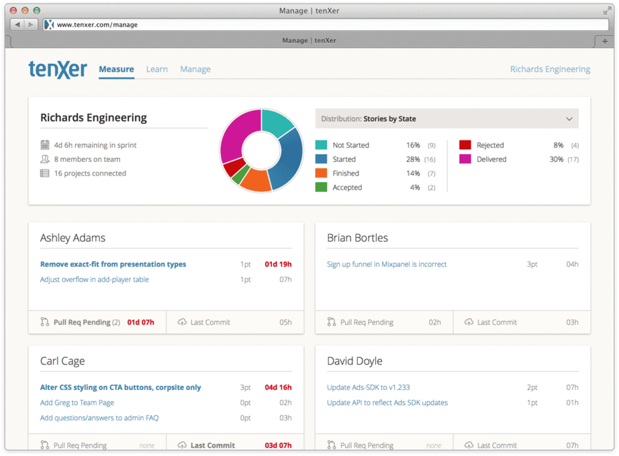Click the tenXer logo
coord(58,69)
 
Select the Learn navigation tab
coord(156,69)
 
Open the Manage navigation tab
coord(195,69)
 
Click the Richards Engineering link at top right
coord(550,69)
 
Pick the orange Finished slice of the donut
coord(256,180)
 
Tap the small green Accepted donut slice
coord(240,175)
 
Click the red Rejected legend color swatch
coord(465,145)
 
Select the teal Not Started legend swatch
coord(321,145)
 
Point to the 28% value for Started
coord(413,159)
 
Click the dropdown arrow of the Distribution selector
coord(569,118)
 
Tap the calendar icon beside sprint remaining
coord(44,145)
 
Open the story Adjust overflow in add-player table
coord(95,280)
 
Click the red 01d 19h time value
coord(278,264)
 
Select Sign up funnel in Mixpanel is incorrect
coord(387,264)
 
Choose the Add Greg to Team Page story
coord(77,403)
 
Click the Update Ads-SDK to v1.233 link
coord(368,387)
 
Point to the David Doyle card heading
coord(354,360)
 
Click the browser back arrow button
coord(17,24)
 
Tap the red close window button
coord(13,10)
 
